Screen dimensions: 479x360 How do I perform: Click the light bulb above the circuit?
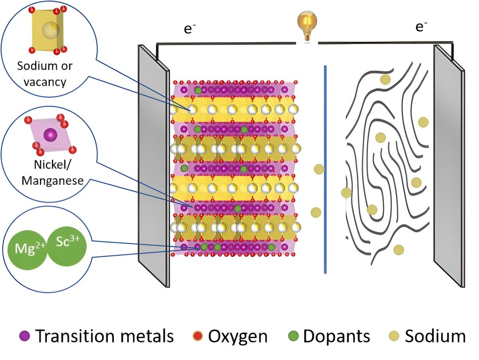pos(307,26)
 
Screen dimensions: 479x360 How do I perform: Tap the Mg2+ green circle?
pos(28,249)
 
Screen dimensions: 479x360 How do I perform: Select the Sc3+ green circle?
pos(67,246)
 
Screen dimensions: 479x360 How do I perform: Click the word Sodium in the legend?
pos(435,336)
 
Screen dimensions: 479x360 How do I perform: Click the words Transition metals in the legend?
pos(104,336)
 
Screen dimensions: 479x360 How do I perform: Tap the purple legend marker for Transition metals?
pos(24,336)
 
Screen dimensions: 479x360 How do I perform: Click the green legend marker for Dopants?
pos(293,336)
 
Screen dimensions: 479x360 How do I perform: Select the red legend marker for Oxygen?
pos(198,336)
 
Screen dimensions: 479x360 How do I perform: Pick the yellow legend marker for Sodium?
pos(394,336)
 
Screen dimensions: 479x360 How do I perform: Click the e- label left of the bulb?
pos(190,29)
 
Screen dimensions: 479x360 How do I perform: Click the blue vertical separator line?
pos(325,169)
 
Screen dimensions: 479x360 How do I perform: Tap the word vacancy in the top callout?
pos(45,82)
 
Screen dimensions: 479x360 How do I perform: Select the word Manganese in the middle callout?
pos(53,181)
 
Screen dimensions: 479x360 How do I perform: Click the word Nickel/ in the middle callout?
pos(52,165)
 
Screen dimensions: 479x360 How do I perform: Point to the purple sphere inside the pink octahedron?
pos(50,135)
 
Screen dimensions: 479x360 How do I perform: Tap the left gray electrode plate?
pos(154,166)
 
